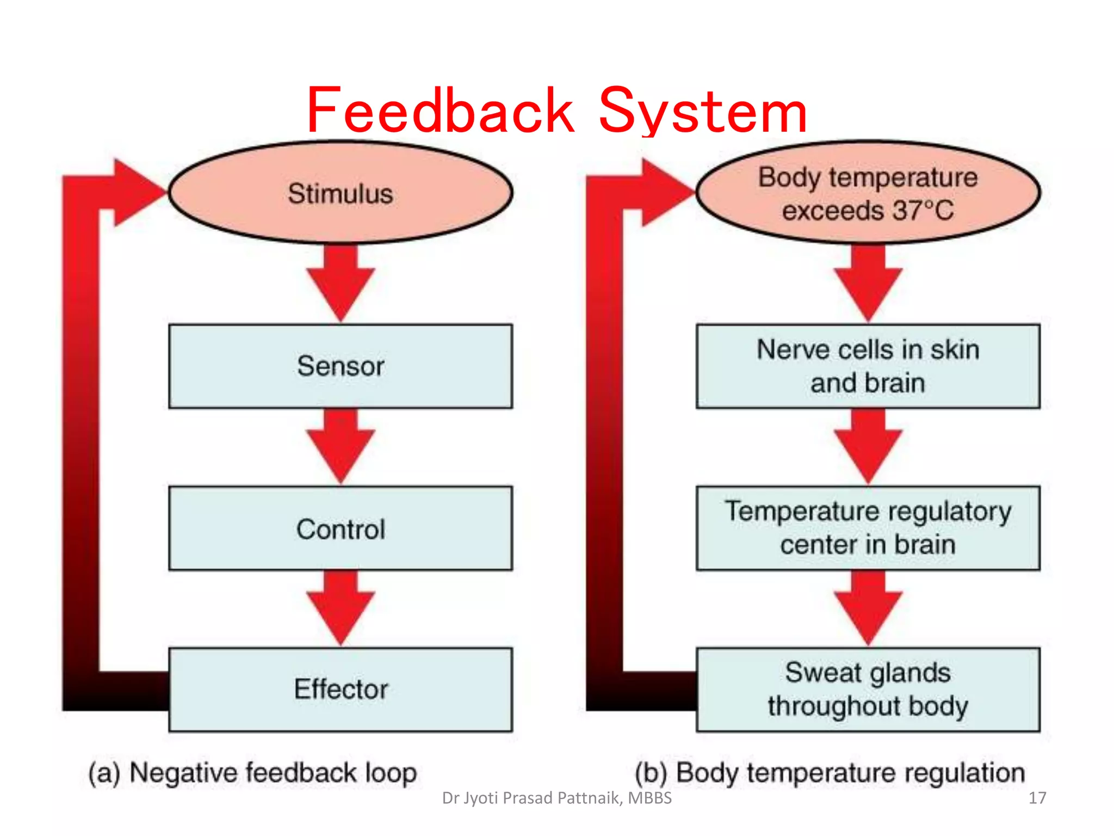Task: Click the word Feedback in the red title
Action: (440, 112)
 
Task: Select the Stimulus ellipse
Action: (341, 193)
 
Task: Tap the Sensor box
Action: (341, 366)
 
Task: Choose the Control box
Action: (341, 528)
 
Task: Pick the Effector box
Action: (341, 689)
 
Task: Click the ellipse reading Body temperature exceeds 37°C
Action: (868, 193)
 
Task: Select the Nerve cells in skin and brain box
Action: (868, 366)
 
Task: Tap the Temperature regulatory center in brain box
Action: (868, 528)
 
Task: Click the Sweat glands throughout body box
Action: (868, 689)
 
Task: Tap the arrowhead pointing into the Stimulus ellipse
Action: (136, 192)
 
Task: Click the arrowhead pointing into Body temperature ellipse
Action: (664, 192)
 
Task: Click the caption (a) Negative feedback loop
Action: (252, 773)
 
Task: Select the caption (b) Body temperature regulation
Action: (830, 773)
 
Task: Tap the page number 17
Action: (1037, 798)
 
